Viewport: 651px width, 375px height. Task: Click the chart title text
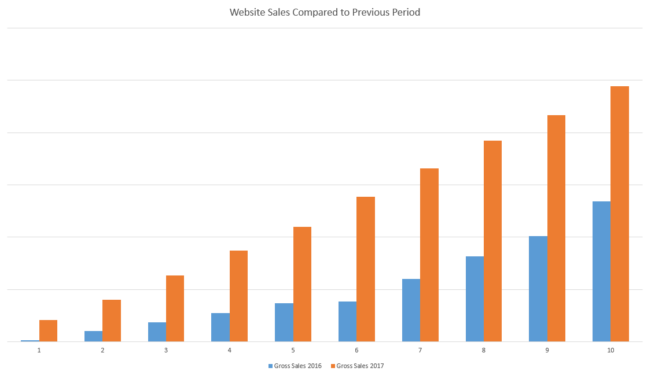coord(325,12)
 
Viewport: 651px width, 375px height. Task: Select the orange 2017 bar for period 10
coord(620,214)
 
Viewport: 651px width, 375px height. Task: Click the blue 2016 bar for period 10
coord(601,271)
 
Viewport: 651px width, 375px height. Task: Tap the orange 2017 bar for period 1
coord(48,330)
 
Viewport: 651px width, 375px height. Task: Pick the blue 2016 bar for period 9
coord(538,289)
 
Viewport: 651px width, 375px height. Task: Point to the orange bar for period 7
coord(429,255)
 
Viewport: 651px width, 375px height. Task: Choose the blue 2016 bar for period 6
coord(347,321)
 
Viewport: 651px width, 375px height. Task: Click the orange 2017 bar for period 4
coord(238,296)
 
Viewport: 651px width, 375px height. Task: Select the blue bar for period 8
coord(475,299)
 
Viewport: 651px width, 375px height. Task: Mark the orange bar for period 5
coord(302,284)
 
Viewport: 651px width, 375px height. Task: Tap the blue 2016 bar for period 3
coord(157,332)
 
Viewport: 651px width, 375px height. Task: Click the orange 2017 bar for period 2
coord(112,321)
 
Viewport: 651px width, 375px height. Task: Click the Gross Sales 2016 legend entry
coord(295,366)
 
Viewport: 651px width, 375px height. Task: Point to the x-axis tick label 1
coord(39,350)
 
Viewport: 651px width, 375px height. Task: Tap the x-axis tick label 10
coord(610,350)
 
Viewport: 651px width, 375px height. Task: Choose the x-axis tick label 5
coord(293,350)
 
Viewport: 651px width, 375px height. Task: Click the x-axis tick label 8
coord(484,350)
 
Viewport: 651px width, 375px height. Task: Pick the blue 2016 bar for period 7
coord(411,310)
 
